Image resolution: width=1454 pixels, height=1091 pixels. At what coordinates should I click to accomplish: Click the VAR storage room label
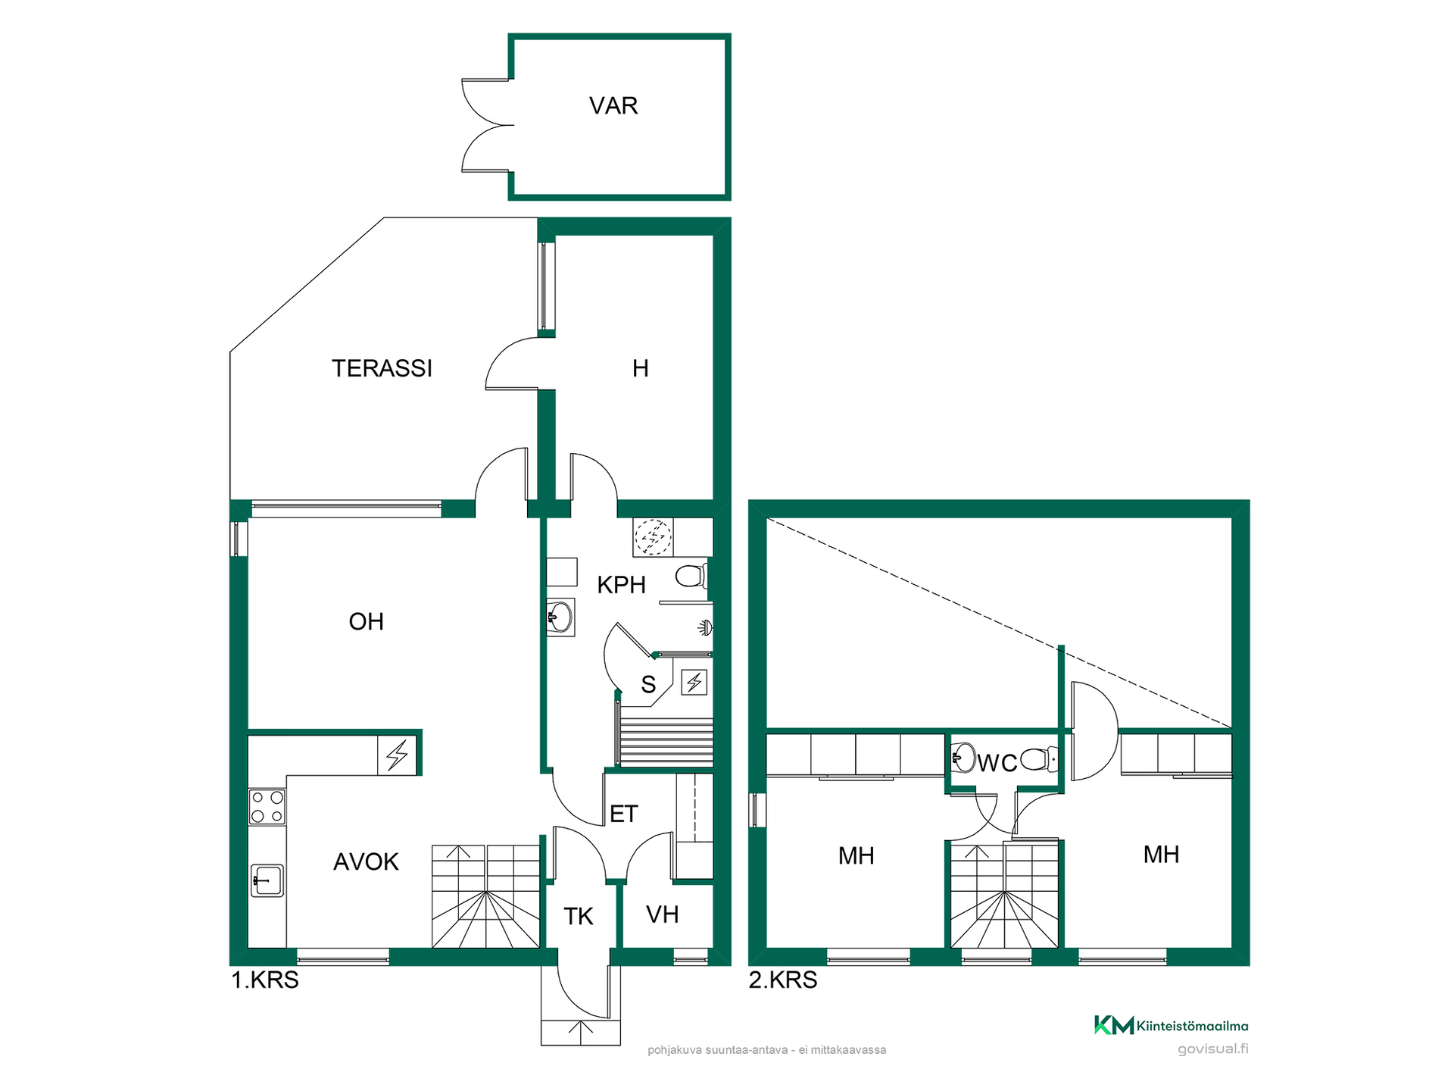tap(613, 105)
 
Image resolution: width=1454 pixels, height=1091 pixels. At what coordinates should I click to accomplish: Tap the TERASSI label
tap(382, 368)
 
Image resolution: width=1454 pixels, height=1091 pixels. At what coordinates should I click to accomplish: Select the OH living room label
tap(367, 621)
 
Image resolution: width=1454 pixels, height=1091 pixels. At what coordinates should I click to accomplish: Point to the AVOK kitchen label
tap(366, 861)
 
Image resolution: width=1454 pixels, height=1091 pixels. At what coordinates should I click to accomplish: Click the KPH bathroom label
tap(621, 585)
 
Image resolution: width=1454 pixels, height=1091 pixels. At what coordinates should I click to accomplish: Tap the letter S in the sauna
tap(648, 685)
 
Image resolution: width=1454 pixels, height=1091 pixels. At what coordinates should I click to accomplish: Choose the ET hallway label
tap(624, 814)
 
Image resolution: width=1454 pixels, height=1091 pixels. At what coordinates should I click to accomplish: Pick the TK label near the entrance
tap(579, 917)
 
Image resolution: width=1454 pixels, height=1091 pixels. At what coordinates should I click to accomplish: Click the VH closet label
tap(662, 914)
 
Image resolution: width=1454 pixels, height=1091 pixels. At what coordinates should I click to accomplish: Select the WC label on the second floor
tap(997, 763)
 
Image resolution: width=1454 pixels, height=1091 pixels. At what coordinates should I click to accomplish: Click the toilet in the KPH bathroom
tap(691, 577)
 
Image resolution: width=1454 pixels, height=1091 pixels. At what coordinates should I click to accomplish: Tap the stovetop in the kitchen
tap(267, 807)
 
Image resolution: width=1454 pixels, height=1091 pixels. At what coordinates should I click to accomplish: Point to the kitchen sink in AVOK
tap(267, 880)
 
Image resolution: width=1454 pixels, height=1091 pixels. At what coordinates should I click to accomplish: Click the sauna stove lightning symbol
tap(694, 683)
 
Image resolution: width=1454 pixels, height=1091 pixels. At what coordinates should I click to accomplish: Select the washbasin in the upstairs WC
tap(963, 757)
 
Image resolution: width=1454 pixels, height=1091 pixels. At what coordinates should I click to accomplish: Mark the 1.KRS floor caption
tap(265, 980)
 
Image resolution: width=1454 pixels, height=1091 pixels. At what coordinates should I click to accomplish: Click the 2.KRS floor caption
tap(783, 980)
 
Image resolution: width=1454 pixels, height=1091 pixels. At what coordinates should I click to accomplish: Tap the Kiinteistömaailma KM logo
tap(1172, 1026)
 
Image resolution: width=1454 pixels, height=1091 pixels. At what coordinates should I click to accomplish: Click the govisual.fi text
tap(1213, 1049)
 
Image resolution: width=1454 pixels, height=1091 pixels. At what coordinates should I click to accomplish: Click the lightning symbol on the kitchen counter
tap(398, 755)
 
